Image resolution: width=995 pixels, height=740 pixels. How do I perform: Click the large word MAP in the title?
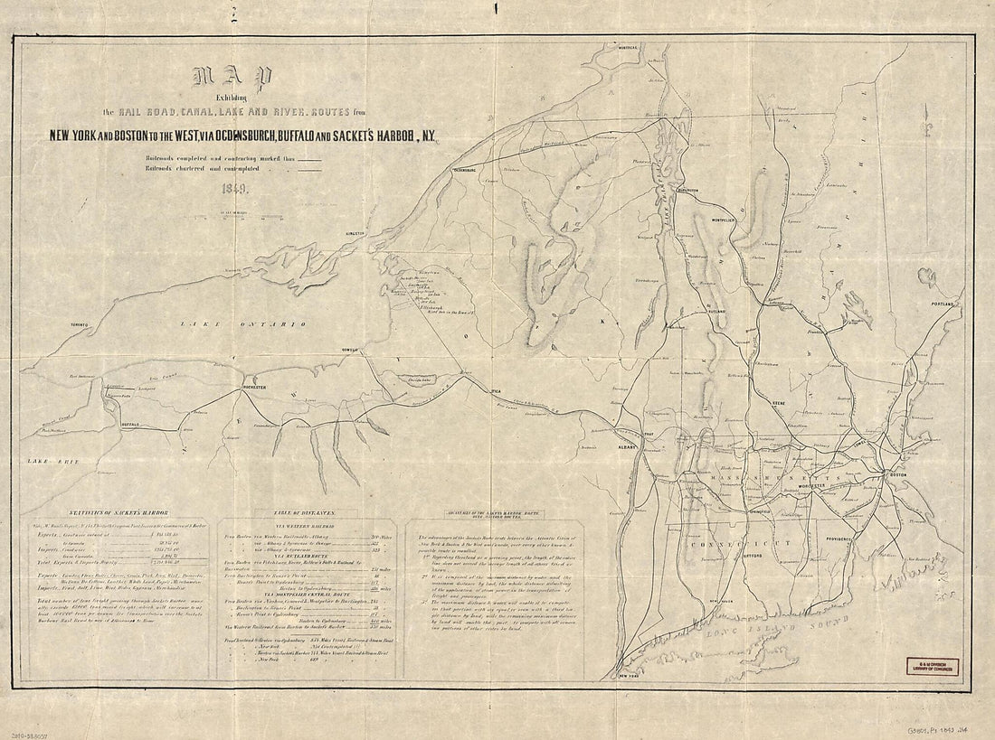tap(229, 83)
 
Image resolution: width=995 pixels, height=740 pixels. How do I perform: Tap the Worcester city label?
tap(811, 486)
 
